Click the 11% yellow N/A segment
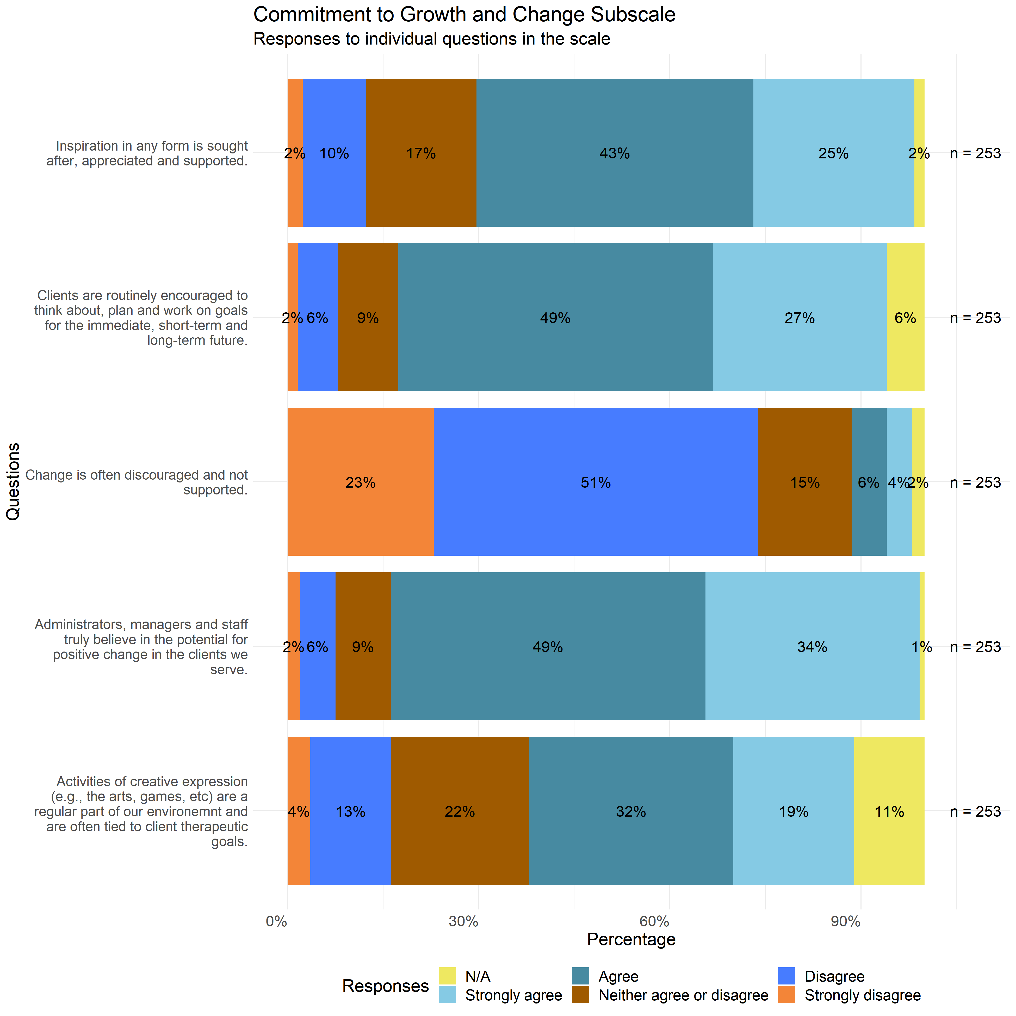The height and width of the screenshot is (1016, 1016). tap(889, 811)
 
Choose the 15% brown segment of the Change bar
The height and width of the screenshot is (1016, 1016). tap(805, 482)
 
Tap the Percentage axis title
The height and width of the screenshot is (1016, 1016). tap(631, 940)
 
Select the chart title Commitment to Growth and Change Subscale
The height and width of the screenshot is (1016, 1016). tap(464, 15)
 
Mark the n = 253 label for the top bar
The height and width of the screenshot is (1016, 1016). tap(975, 153)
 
